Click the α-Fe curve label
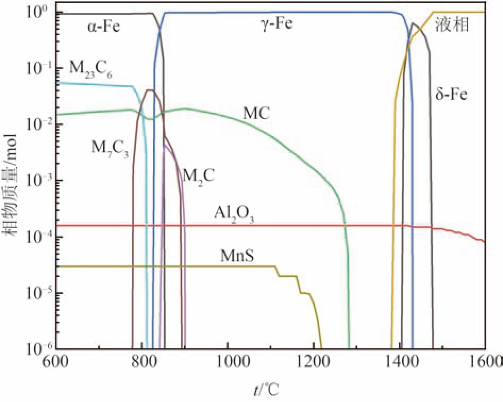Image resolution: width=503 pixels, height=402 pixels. tap(105, 27)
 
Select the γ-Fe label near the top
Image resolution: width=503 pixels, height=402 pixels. tap(275, 24)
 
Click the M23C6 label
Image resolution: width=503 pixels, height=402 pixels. tap(91, 68)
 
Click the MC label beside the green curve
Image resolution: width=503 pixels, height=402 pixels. tap(257, 113)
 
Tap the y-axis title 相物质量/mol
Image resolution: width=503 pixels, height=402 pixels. tap(12, 181)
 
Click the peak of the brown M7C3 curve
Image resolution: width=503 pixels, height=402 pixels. tap(150, 90)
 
